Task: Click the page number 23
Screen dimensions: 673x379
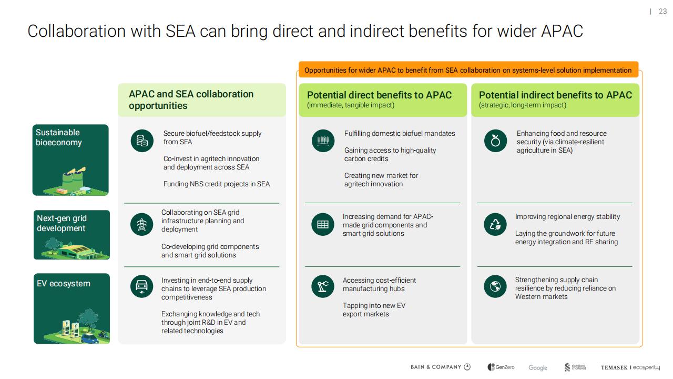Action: (662, 12)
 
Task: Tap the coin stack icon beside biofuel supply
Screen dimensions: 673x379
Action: (142, 141)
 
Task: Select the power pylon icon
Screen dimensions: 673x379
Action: (142, 224)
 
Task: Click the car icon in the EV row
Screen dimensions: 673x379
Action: (142, 286)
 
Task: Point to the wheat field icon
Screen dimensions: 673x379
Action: (323, 141)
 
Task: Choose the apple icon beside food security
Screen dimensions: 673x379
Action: (495, 141)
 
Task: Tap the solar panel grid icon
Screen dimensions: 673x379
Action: (323, 224)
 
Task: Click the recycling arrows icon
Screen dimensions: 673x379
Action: (495, 224)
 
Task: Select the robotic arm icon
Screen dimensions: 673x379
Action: (323, 286)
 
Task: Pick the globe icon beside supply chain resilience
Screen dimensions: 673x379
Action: (495, 286)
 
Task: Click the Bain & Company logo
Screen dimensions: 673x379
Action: (441, 367)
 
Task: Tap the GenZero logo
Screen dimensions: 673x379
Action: (501, 367)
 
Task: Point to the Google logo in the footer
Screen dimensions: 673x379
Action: (538, 367)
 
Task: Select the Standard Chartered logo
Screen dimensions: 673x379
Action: (575, 367)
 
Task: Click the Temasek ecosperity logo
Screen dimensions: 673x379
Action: (630, 367)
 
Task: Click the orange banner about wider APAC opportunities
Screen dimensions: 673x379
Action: (468, 70)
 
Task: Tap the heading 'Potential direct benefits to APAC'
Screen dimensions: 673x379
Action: (379, 95)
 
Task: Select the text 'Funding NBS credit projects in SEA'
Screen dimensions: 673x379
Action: (216, 184)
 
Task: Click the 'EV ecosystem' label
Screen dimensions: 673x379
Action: (64, 284)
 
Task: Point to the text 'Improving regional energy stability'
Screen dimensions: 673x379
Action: (567, 217)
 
